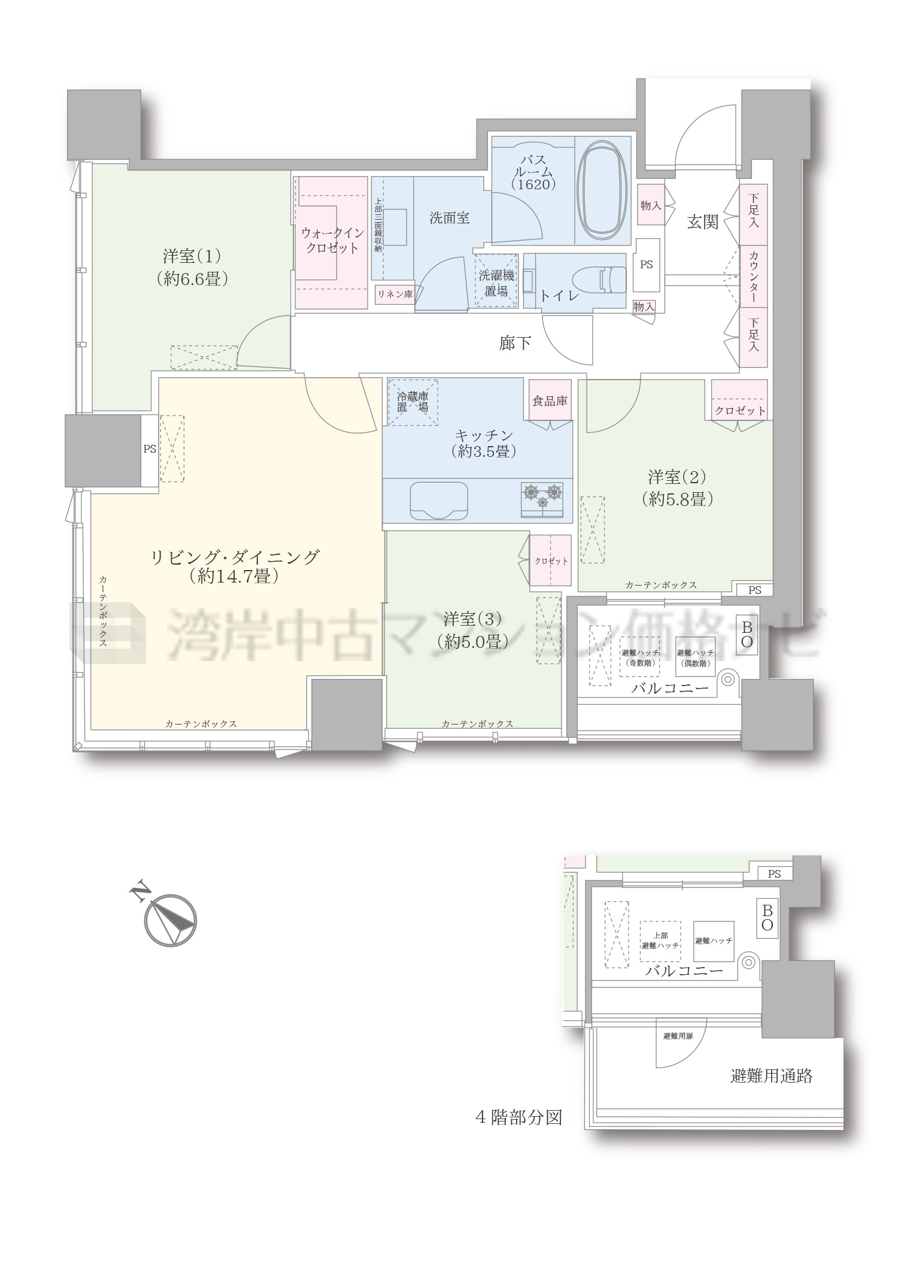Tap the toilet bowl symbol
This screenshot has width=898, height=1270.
click(x=599, y=280)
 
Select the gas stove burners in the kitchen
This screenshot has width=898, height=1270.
click(x=543, y=498)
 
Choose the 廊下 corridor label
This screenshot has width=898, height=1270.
click(x=515, y=343)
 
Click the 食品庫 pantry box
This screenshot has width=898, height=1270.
click(x=550, y=401)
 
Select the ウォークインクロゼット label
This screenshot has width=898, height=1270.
click(x=332, y=240)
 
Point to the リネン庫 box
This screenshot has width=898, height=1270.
click(x=395, y=294)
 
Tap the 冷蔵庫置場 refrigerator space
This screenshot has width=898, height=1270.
click(x=412, y=402)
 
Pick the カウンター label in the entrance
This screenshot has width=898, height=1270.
click(x=753, y=276)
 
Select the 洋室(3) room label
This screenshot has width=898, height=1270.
click(x=473, y=629)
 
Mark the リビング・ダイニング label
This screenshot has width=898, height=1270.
click(x=234, y=565)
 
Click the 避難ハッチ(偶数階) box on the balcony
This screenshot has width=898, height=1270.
click(x=695, y=658)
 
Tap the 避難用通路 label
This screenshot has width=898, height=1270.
click(x=772, y=1076)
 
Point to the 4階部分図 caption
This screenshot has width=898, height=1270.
click(x=518, y=1117)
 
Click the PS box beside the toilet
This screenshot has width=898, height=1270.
click(x=647, y=264)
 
